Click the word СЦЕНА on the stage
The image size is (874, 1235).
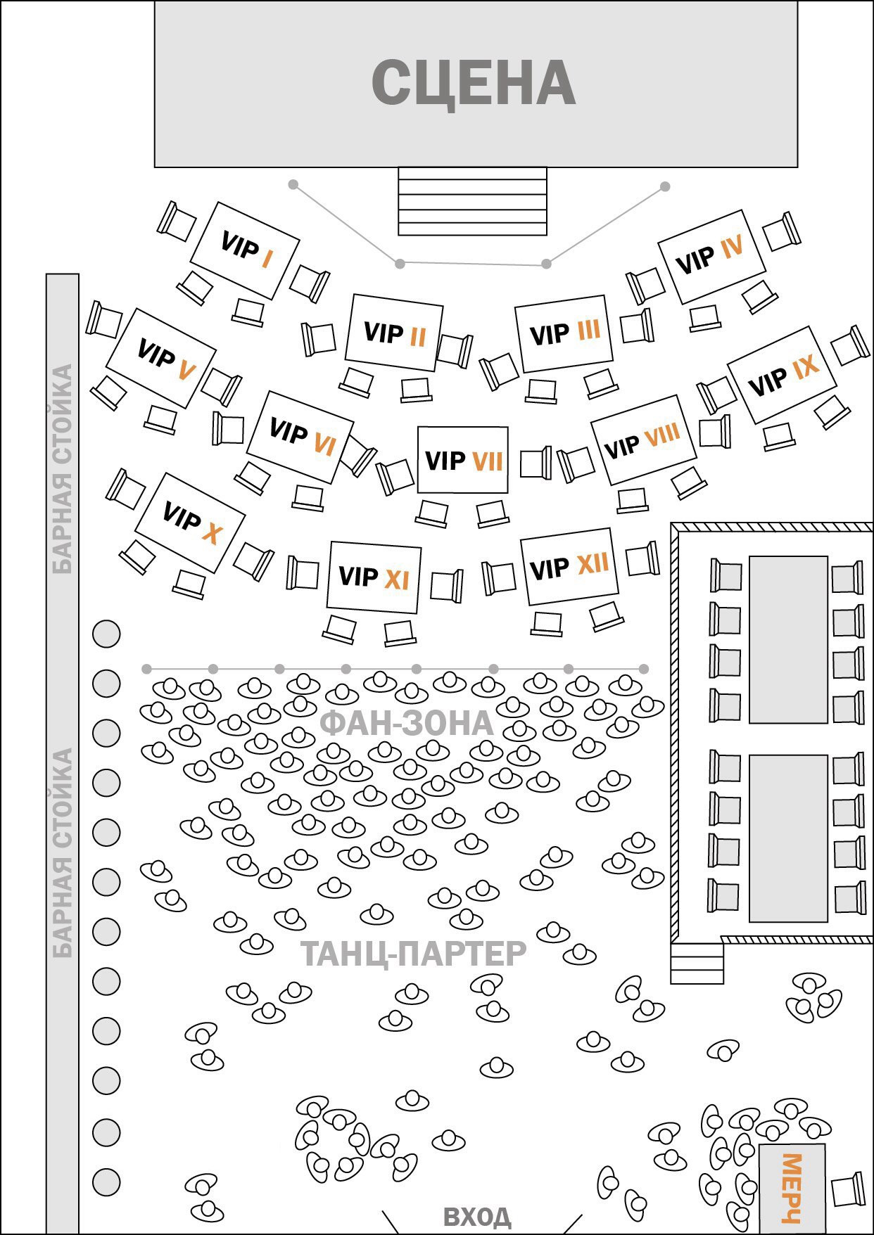coord(474,83)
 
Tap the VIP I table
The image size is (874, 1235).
coord(245,250)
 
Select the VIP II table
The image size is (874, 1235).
coord(394,333)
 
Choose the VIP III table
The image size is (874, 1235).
coord(563,333)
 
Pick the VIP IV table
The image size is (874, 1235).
coord(711,256)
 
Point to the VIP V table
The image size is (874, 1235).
coord(161,357)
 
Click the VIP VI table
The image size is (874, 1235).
coord(300,437)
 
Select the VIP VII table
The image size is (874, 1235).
coord(462,460)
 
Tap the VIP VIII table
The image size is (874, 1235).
coord(642,440)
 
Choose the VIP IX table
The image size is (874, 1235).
coord(782,374)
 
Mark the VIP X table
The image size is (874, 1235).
coord(190,522)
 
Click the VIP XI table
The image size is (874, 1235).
coord(374,577)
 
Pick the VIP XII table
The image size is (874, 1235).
coord(569,567)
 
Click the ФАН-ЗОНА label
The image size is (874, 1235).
coord(407,724)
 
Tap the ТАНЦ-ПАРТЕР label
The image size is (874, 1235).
coord(414,954)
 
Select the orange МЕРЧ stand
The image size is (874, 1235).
coord(792,1188)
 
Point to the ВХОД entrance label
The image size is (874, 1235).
coord(477,1216)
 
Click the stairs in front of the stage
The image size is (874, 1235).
coord(472,200)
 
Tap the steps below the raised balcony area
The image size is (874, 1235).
coord(697,964)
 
